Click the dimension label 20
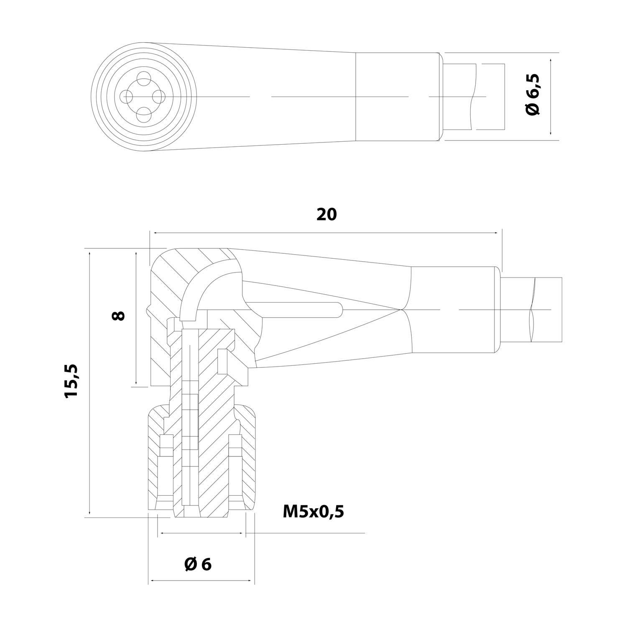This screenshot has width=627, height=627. pyautogui.click(x=326, y=214)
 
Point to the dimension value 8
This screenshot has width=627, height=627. pyautogui.click(x=119, y=315)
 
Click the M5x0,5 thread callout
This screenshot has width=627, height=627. pyautogui.click(x=313, y=511)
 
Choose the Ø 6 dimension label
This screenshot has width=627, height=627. pyautogui.click(x=198, y=564)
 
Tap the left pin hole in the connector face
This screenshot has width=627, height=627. pyautogui.click(x=126, y=96)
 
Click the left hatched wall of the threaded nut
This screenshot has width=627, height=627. pyautogui.click(x=154, y=460)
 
